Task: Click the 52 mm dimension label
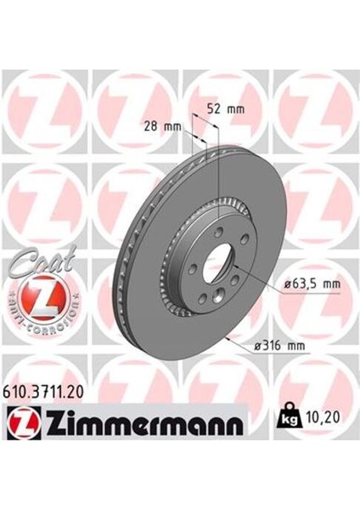[x=225, y=109]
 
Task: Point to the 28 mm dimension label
[x=162, y=126]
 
